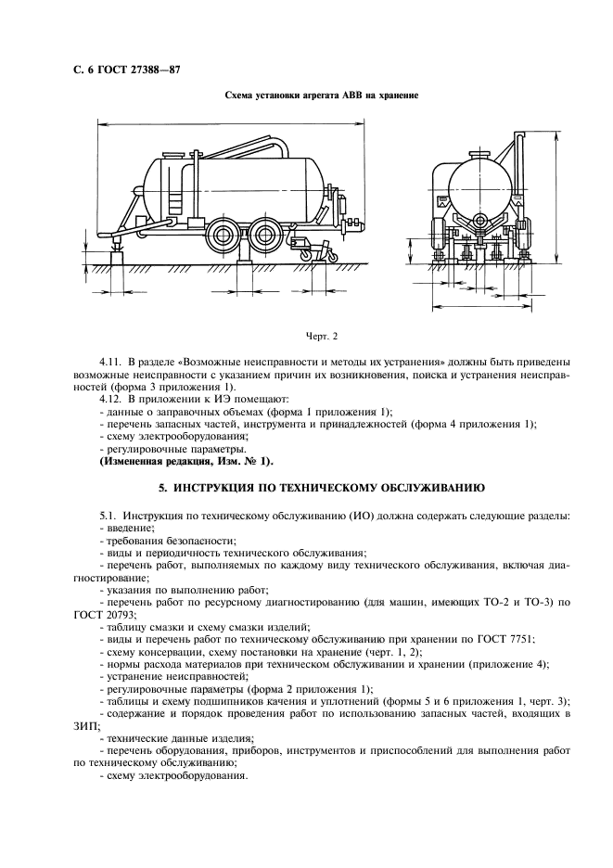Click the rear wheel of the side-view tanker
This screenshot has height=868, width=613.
266,232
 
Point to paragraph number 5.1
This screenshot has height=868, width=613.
109,515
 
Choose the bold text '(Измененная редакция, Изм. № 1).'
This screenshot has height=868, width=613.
185,461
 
